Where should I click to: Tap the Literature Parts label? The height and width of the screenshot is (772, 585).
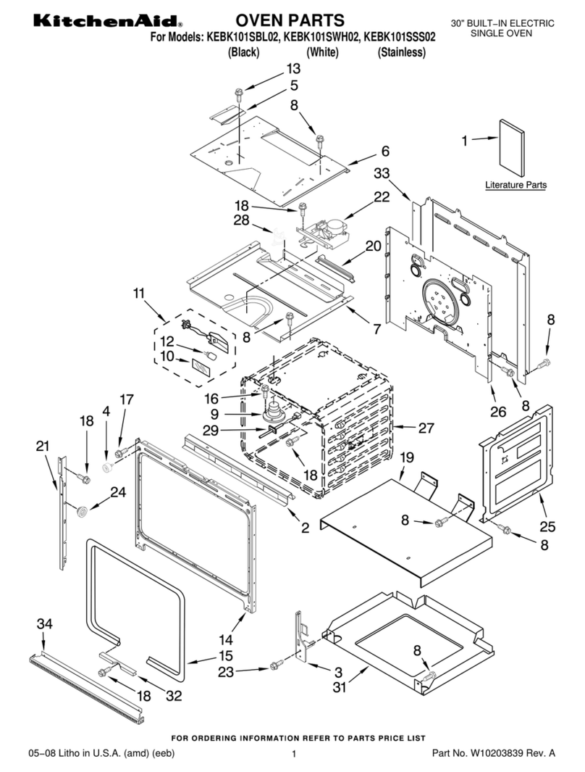pos(515,186)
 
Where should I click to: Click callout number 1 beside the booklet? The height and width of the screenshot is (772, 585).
pos(466,141)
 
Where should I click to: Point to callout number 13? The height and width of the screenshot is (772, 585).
pos(292,69)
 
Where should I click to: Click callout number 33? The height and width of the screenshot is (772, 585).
pos(382,173)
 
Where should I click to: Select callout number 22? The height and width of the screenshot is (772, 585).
pos(382,196)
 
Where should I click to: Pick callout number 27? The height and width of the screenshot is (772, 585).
pos(426,428)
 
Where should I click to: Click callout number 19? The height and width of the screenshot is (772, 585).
pos(406,457)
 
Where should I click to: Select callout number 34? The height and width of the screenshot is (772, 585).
pos(45,623)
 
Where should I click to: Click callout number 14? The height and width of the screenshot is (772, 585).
pos(226,640)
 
